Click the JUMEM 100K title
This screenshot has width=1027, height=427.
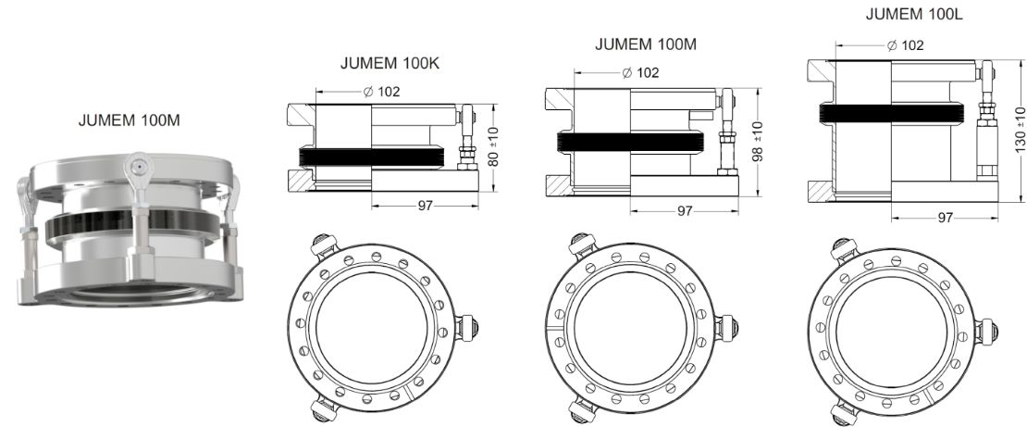[389, 64]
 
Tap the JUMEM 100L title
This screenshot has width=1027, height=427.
[914, 14]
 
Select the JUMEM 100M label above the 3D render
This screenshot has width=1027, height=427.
[129, 120]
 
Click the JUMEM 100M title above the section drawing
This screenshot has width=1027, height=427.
[645, 44]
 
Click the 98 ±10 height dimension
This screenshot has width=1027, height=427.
[758, 141]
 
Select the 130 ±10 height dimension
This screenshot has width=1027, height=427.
[1020, 131]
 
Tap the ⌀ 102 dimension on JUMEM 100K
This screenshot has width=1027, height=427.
[381, 92]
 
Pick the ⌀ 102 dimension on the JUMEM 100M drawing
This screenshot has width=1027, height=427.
[640, 72]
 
